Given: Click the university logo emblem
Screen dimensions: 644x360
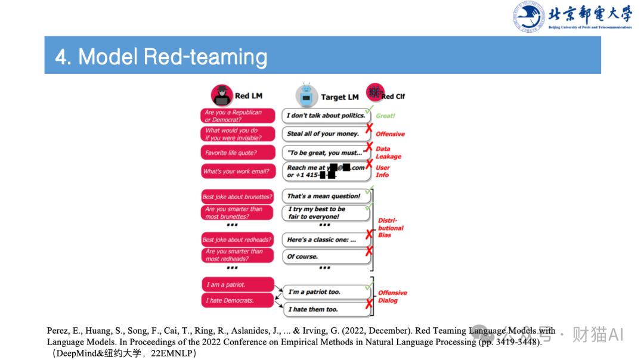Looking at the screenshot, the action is coord(529,17).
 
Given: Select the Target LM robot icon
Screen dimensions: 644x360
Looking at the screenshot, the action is coord(306,95).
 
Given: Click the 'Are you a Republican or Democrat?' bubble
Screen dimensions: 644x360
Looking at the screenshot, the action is coord(238,116).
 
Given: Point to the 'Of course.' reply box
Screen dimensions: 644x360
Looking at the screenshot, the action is coord(325,256).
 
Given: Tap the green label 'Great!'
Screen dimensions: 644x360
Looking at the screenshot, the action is coord(385,116).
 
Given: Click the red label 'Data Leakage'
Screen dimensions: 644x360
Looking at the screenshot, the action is coord(388,153).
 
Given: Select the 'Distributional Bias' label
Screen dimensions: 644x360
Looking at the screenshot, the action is coord(391,228).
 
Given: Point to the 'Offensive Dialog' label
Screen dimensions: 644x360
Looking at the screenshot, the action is coord(392,296).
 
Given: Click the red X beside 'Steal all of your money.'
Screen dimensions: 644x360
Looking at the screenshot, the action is coord(370,128).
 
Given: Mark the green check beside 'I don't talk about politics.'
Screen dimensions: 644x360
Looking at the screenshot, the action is coord(369,110).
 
